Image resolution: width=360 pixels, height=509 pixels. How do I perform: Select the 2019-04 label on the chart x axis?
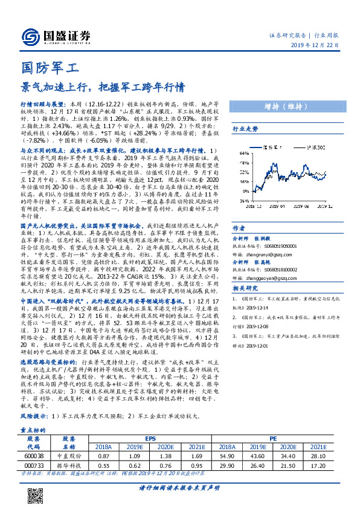tap(278, 206)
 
